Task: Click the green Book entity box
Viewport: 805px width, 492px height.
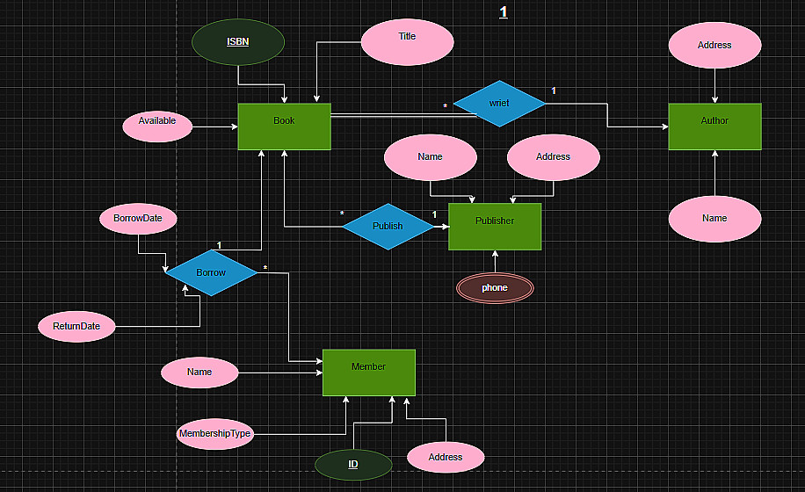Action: click(x=284, y=127)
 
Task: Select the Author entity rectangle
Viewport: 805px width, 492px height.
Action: click(x=714, y=127)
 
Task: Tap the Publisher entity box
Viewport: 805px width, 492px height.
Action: click(x=495, y=227)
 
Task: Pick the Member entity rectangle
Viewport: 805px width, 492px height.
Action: click(x=368, y=373)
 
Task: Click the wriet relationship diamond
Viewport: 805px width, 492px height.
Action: click(x=499, y=104)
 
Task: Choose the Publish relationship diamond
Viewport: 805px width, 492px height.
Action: click(x=388, y=227)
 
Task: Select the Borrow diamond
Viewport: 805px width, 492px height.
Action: click(x=211, y=273)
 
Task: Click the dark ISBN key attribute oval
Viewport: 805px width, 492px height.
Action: click(x=238, y=42)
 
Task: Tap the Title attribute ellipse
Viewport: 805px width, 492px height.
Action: click(x=407, y=42)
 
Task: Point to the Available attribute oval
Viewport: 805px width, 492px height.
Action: click(x=156, y=126)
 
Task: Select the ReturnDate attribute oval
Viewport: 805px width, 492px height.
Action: click(x=76, y=327)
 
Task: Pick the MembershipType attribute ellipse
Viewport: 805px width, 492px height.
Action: click(x=214, y=434)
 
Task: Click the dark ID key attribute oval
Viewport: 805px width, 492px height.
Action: click(x=353, y=465)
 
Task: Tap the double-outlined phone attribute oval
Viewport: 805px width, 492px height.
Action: click(x=495, y=288)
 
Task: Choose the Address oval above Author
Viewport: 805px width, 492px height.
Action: click(x=714, y=45)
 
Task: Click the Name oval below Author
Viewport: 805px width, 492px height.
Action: click(x=714, y=219)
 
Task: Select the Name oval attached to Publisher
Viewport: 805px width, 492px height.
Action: click(x=431, y=157)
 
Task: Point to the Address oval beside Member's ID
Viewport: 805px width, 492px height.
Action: click(x=446, y=458)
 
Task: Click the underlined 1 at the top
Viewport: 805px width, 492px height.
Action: click(x=504, y=12)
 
